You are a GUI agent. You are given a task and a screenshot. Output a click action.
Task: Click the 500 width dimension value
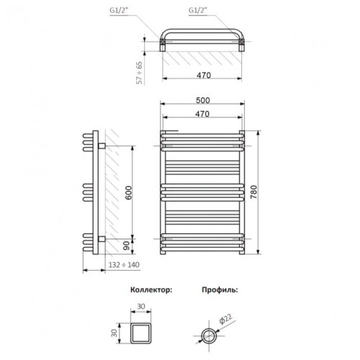pos(203,100)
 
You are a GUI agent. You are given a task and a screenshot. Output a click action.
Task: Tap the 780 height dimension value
pos(253,192)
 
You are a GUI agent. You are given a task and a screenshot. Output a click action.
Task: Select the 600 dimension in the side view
pos(128,193)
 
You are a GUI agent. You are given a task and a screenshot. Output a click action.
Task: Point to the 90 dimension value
pos(126,246)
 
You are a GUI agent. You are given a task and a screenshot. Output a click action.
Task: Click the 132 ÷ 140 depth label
pos(124,265)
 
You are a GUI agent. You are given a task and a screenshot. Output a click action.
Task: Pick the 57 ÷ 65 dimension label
pos(139,73)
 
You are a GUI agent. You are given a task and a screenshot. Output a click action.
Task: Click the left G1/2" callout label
pos(118,11)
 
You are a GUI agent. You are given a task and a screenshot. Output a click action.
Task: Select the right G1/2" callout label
pos(198,10)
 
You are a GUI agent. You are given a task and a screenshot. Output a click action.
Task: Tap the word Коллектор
pos(151,289)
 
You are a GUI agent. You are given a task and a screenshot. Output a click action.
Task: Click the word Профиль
pos(220,289)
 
